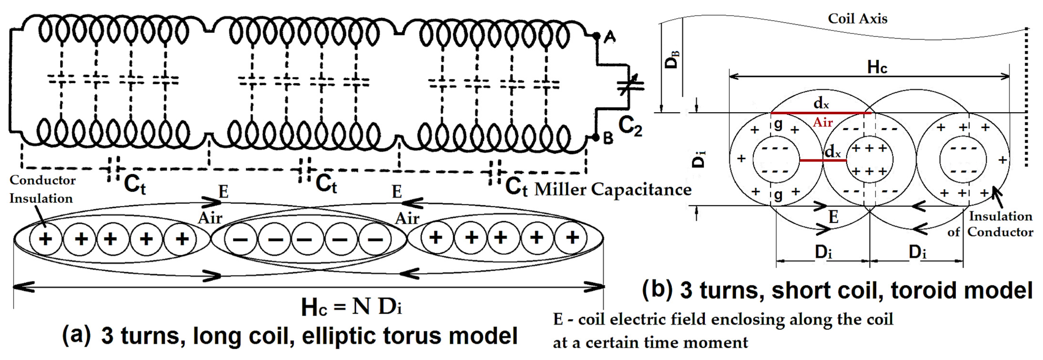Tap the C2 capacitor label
click(630, 125)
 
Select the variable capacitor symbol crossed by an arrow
click(629, 86)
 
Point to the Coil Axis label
click(858, 19)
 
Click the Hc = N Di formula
click(351, 307)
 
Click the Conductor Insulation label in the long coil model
click(42, 189)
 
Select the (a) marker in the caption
click(76, 335)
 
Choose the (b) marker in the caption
click(657, 290)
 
